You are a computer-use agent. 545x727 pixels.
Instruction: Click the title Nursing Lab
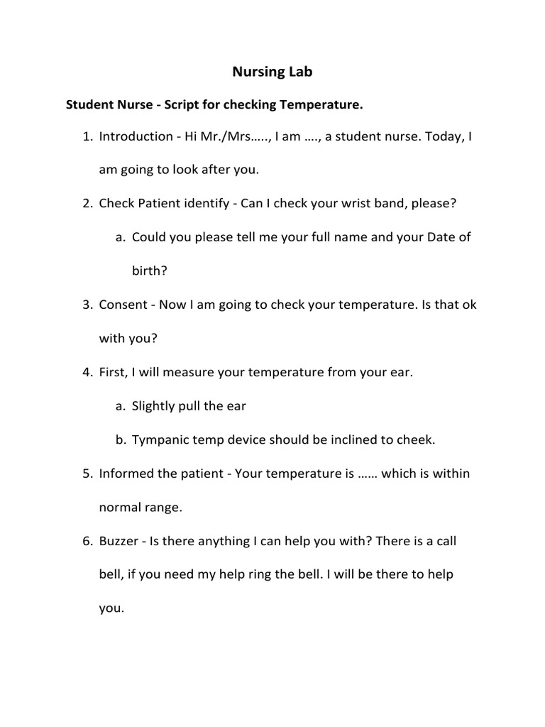point(272,72)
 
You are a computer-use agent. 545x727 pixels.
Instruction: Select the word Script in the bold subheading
point(182,105)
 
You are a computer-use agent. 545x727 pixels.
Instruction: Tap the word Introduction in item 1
point(136,136)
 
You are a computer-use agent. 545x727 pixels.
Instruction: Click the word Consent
point(123,305)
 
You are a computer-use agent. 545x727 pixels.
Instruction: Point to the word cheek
point(417,440)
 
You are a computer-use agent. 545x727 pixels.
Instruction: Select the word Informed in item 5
point(128,474)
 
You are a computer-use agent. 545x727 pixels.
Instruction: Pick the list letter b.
point(120,440)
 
